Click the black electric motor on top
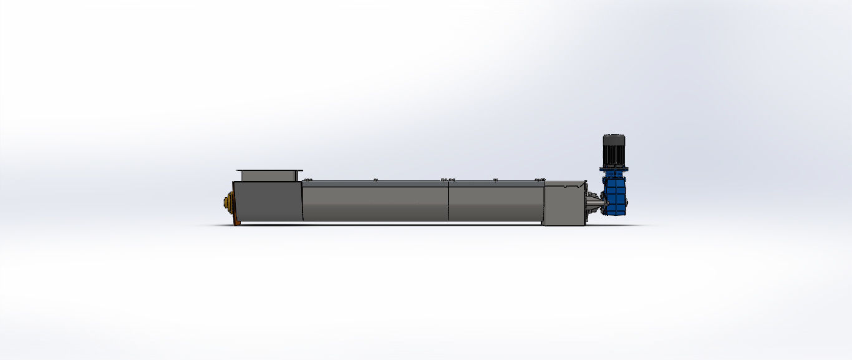point(614,151)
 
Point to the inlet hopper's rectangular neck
point(269,177)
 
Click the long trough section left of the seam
point(374,203)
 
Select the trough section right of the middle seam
point(495,203)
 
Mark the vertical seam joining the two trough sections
point(448,201)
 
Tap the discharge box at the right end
point(564,203)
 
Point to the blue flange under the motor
point(613,169)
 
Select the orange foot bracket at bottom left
point(236,221)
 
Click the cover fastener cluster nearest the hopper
point(307,180)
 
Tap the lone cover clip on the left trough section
point(375,180)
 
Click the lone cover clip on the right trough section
point(496,180)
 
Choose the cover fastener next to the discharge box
point(540,180)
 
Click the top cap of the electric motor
point(614,137)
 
